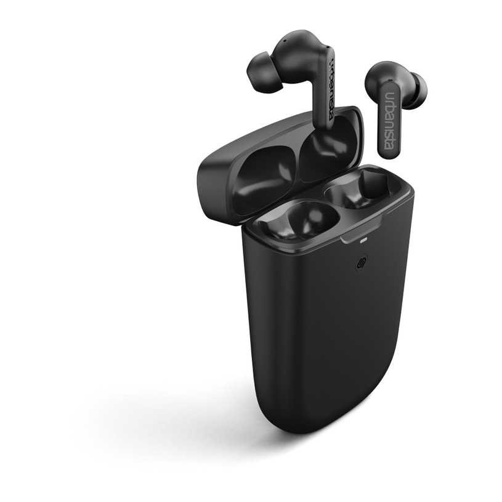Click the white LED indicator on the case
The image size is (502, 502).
click(x=363, y=240)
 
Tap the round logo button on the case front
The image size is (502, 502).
click(x=362, y=265)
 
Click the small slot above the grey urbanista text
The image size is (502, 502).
click(x=390, y=79)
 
